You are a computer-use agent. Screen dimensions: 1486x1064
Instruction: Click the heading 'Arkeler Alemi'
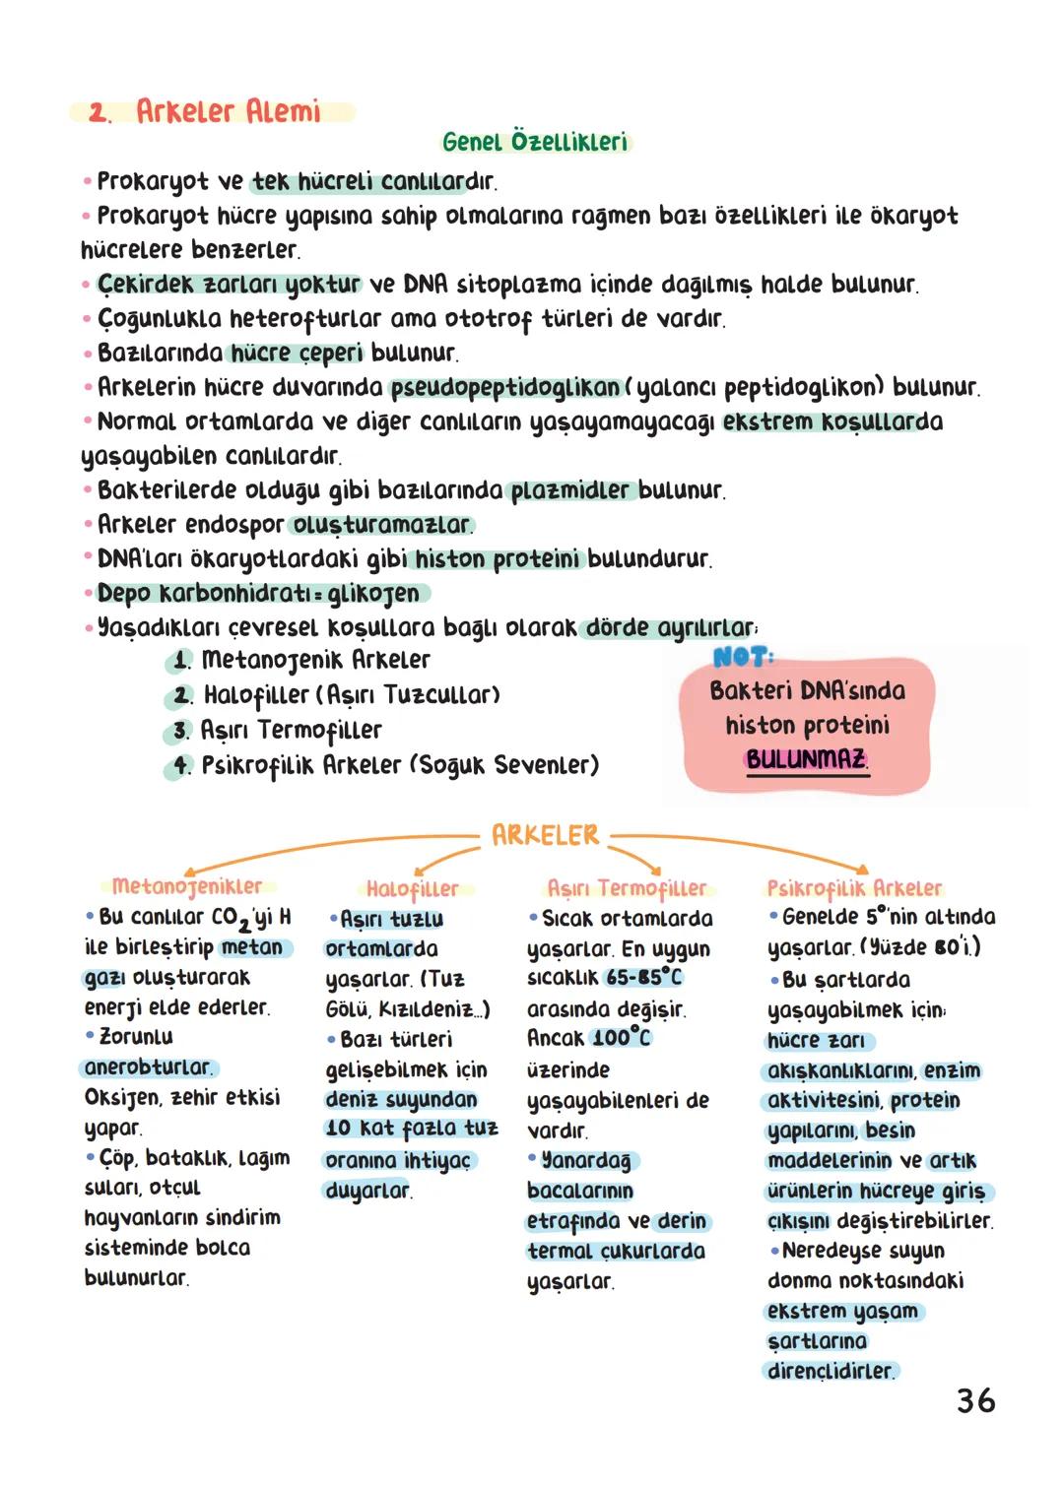pyautogui.click(x=228, y=111)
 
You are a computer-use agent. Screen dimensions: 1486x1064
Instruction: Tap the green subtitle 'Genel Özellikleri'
pyautogui.click(x=535, y=142)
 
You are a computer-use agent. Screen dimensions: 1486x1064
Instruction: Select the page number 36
pyautogui.click(x=975, y=1400)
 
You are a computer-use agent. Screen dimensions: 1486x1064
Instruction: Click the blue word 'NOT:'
pyautogui.click(x=744, y=656)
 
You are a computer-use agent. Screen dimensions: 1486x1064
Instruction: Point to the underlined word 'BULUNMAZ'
pyautogui.click(x=807, y=759)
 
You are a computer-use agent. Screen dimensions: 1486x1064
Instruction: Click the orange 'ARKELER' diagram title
pyautogui.click(x=545, y=836)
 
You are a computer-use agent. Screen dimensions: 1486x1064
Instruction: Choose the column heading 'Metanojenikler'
pyautogui.click(x=187, y=886)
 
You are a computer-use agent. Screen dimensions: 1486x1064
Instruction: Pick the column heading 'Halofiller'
pyautogui.click(x=412, y=889)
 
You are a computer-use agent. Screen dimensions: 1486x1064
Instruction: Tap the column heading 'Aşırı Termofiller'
pyautogui.click(x=628, y=888)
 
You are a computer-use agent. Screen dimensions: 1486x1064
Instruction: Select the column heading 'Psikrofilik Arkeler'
pyautogui.click(x=854, y=888)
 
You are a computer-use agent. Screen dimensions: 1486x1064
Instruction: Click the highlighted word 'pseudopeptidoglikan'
pyautogui.click(x=505, y=387)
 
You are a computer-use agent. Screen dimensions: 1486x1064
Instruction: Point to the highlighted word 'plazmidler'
pyautogui.click(x=569, y=490)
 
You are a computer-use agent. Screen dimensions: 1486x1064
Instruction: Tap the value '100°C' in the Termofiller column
pyautogui.click(x=622, y=1038)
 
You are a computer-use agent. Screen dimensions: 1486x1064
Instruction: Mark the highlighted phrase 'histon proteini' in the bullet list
pyautogui.click(x=498, y=559)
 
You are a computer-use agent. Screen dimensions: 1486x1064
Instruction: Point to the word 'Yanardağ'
pyautogui.click(x=587, y=1161)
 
